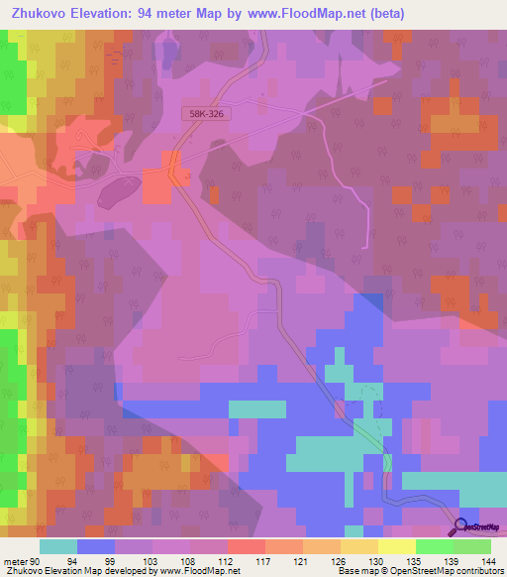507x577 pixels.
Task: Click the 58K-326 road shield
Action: [x=207, y=115]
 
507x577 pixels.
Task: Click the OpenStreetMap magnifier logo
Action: [x=462, y=526]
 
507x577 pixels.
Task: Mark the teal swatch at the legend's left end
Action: [x=57, y=546]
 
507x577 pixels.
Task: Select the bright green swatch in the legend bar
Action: [x=433, y=546]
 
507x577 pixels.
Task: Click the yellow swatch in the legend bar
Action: [x=395, y=546]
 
